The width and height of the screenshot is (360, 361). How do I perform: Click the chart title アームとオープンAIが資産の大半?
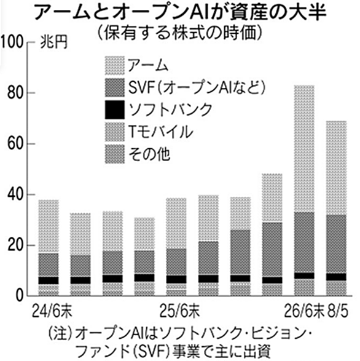180,13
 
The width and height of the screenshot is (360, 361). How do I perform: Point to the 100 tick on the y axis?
12,42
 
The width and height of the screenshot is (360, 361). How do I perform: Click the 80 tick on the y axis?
15,93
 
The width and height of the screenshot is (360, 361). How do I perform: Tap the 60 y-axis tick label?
15,144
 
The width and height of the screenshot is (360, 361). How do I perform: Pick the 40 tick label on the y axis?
15,194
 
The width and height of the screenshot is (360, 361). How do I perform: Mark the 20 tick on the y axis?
15,245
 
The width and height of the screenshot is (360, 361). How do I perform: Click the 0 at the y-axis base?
20,296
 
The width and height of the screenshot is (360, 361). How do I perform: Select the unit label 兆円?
54,42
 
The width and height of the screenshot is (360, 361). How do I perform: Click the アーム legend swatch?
114,66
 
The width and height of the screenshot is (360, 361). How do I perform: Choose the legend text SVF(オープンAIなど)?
197,88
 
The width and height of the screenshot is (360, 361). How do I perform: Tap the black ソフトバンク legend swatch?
114,110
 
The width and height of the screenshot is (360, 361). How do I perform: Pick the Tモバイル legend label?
160,132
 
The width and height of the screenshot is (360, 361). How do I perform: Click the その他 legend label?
149,154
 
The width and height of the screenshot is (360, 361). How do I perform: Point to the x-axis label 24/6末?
52,312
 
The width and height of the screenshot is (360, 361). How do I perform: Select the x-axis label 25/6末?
179,312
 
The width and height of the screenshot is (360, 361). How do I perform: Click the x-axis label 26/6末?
304,312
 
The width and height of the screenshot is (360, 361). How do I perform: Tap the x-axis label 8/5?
337,312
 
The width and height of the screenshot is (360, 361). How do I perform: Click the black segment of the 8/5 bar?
336,277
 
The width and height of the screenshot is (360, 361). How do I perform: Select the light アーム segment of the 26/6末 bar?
304,149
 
